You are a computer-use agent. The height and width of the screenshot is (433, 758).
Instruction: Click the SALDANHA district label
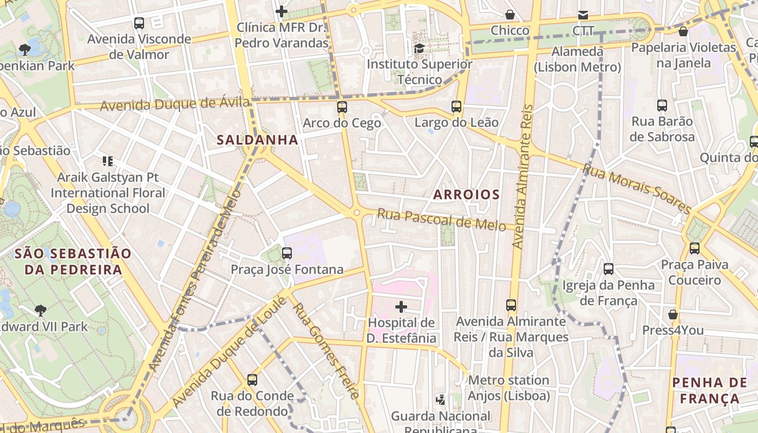click(x=257, y=140)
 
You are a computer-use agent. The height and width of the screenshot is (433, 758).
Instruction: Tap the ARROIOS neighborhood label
click(x=466, y=194)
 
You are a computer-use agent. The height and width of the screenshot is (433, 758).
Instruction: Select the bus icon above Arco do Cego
click(x=342, y=107)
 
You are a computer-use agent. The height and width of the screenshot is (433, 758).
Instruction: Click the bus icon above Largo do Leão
click(x=456, y=107)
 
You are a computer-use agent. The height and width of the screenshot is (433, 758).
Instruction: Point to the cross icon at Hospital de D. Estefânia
click(x=401, y=307)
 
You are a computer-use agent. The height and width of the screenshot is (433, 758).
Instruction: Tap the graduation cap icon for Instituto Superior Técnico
click(x=419, y=49)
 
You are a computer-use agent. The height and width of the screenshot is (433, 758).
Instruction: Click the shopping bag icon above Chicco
click(x=509, y=15)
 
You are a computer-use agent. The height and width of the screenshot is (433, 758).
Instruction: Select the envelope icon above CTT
click(x=583, y=15)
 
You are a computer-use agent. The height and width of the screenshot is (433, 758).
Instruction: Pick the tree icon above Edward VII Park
click(x=40, y=311)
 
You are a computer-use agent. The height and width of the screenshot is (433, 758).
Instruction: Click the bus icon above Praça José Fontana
click(x=287, y=253)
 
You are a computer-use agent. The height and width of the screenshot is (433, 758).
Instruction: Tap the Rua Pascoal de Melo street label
click(x=441, y=219)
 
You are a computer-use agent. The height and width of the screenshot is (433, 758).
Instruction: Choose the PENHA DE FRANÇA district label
click(x=709, y=391)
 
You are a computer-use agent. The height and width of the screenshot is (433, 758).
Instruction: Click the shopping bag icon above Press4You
click(x=673, y=314)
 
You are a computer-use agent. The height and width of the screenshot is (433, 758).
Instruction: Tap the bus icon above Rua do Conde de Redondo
click(x=252, y=380)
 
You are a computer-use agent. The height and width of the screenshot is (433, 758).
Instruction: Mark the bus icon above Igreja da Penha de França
click(x=609, y=269)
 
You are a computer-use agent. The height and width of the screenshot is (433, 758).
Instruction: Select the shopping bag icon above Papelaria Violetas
click(x=683, y=32)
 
